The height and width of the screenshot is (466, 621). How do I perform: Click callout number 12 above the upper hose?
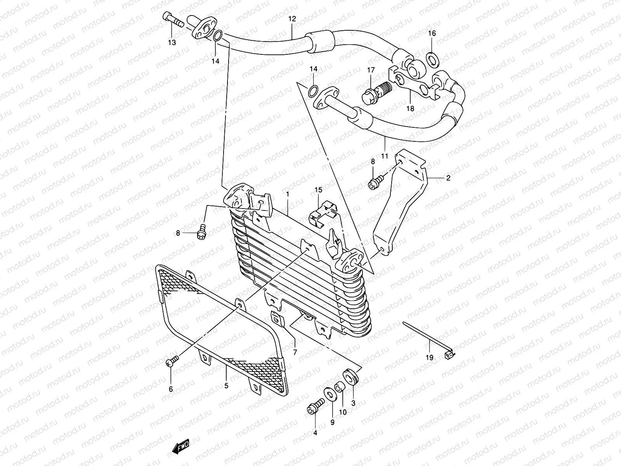pyautogui.click(x=292, y=19)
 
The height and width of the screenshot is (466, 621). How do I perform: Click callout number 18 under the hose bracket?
pyautogui.click(x=410, y=109)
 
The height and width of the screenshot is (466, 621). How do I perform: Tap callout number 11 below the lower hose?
pyautogui.click(x=384, y=156)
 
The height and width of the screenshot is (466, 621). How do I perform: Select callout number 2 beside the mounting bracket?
pyautogui.click(x=448, y=178)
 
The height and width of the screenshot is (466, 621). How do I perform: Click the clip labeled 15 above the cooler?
pyautogui.click(x=324, y=213)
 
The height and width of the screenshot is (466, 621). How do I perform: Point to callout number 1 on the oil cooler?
pyautogui.click(x=288, y=194)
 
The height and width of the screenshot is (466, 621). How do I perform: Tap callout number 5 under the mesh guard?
pyautogui.click(x=226, y=386)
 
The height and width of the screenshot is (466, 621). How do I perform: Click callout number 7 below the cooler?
pyautogui.click(x=295, y=353)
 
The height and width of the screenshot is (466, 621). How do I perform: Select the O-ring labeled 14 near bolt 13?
pyautogui.click(x=218, y=36)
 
